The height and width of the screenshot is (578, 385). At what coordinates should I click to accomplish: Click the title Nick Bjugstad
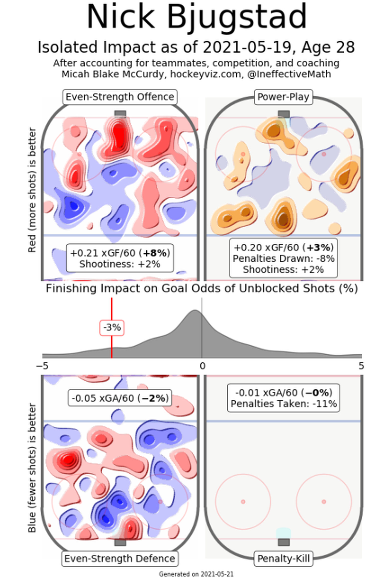(197, 17)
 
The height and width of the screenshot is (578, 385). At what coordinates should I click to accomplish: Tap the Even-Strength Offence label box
(120, 97)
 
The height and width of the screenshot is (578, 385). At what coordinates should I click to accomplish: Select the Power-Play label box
(283, 97)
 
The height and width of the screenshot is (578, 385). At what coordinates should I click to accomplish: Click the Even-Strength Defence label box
(120, 558)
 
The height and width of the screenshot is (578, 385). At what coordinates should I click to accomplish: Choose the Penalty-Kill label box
(283, 558)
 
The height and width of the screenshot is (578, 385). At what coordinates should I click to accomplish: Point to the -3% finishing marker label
(112, 328)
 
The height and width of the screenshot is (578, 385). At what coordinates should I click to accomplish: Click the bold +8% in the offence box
(155, 253)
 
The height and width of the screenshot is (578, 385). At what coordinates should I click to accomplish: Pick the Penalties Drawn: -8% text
(283, 258)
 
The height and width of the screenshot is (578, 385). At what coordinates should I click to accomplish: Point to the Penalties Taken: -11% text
(283, 404)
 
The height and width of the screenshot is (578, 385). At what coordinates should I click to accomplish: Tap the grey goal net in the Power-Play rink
(284, 114)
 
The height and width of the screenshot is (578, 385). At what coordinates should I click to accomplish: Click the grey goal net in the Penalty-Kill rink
(284, 542)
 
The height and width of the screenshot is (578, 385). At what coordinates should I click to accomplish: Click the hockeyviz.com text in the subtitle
(206, 74)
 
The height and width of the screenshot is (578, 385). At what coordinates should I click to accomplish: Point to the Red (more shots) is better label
(32, 190)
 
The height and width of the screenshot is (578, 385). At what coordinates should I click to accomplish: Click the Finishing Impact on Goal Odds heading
(202, 288)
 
